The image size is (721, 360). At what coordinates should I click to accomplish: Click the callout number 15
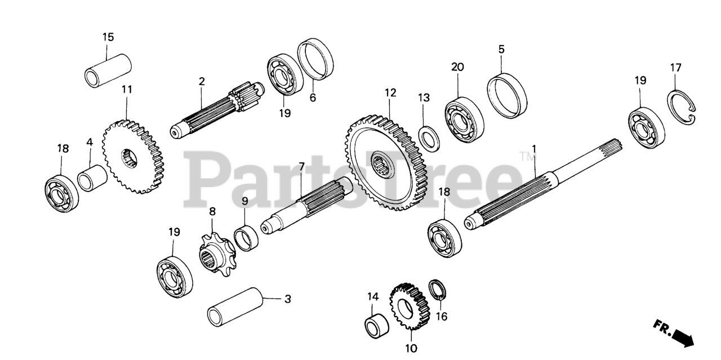click(108, 37)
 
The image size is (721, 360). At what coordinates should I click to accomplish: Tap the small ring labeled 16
click(438, 290)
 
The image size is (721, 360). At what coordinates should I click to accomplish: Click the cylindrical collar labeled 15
click(109, 70)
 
